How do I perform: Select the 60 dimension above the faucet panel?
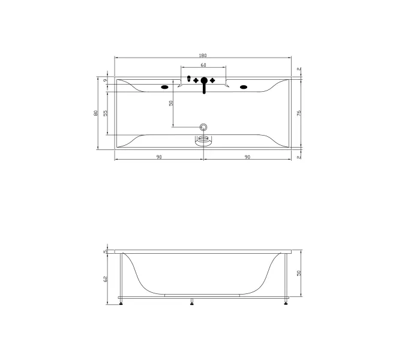(x=203, y=65)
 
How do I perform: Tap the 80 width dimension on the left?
(x=96, y=113)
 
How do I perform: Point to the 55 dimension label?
(x=105, y=113)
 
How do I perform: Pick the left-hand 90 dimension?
(x=159, y=157)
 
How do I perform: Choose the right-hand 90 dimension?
(x=247, y=157)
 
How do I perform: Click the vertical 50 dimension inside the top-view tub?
(x=171, y=103)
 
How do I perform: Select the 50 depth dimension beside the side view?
(x=298, y=273)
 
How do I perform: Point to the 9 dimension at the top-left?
(x=105, y=80)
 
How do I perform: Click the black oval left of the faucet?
(x=164, y=86)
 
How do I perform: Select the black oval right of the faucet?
(x=244, y=86)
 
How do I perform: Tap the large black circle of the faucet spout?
(x=204, y=80)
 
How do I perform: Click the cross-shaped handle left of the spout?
(x=196, y=80)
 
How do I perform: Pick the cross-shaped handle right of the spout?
(x=212, y=80)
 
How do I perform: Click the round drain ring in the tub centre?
(x=204, y=127)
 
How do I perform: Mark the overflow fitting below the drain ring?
(x=204, y=140)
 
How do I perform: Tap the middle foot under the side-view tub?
(x=193, y=302)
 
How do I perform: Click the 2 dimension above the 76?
(x=298, y=69)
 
